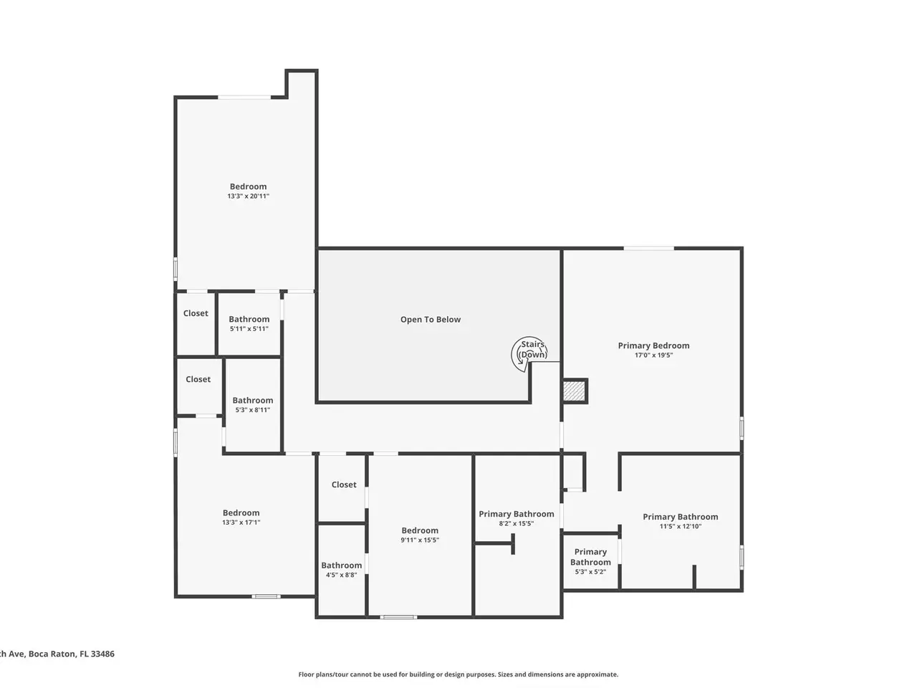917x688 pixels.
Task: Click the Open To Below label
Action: pos(431,320)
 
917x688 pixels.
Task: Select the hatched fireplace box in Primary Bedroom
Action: pos(574,391)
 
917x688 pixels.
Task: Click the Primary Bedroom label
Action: pos(653,345)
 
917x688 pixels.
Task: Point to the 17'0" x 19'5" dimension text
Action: pos(653,355)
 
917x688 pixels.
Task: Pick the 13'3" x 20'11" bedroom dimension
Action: pos(248,196)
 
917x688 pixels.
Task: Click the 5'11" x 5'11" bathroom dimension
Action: pos(249,329)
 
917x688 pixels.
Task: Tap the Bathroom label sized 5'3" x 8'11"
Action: pos(253,400)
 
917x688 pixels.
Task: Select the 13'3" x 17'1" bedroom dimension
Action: pos(241,522)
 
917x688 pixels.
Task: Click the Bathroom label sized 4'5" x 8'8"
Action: pos(341,565)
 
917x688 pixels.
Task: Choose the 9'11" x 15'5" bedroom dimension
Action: pos(420,540)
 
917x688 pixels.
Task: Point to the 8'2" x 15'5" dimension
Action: pos(517,523)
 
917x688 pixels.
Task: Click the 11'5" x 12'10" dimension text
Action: pos(680,526)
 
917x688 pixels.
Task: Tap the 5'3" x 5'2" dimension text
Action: pos(590,572)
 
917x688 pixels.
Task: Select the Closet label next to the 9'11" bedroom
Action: pos(344,484)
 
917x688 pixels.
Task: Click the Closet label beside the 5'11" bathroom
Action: pos(196,313)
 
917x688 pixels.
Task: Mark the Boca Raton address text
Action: pos(57,654)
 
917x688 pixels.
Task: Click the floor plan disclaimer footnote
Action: pos(458,674)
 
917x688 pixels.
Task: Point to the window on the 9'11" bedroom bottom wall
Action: pos(398,617)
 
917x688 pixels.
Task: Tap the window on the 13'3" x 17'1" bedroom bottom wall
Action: pos(266,596)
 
